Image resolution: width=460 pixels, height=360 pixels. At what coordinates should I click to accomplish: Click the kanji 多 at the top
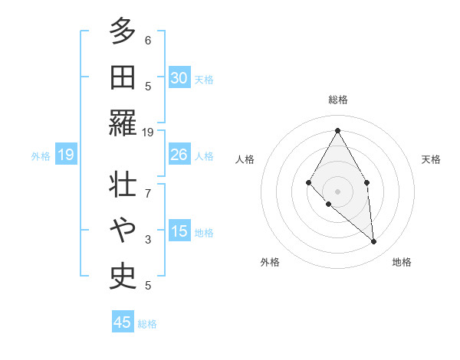coord(123,31)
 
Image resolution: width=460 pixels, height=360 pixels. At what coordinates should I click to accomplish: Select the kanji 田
coord(123,77)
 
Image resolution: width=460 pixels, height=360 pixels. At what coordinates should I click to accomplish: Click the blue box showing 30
coord(179,78)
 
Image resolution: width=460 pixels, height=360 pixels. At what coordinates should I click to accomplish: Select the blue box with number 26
coord(179,155)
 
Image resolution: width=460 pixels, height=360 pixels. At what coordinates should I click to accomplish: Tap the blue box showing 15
coord(179,232)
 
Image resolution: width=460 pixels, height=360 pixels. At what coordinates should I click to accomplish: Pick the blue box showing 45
coord(123,322)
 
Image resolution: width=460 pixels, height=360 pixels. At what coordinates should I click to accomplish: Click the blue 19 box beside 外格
coord(66,155)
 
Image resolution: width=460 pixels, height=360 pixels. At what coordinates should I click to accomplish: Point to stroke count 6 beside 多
coord(148,41)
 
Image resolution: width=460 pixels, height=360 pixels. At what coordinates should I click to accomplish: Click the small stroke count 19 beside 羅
coord(149,132)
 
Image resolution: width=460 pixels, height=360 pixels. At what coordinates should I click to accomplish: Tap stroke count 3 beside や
coord(148,241)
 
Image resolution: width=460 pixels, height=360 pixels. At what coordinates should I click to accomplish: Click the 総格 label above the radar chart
coord(337,100)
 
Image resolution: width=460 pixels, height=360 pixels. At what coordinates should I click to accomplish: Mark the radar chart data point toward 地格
coord(374,242)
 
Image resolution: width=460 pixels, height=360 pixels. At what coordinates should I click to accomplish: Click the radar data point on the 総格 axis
coord(337,129)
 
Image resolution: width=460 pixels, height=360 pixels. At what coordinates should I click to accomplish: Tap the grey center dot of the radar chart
coord(337,191)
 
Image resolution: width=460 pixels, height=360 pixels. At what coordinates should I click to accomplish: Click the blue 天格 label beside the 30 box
coord(204,79)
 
